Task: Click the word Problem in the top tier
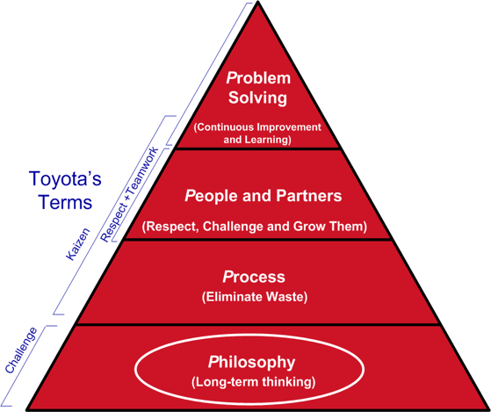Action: click(x=258, y=78)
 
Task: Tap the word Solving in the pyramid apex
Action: click(x=257, y=98)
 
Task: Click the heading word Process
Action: click(x=254, y=277)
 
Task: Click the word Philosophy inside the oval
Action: click(x=251, y=362)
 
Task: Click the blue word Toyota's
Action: click(x=65, y=178)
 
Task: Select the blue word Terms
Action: click(x=65, y=202)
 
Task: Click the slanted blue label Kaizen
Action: click(x=78, y=244)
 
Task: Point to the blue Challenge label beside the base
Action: click(x=21, y=351)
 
